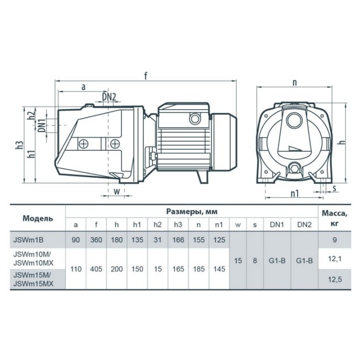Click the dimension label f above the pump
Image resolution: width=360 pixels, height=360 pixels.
146,75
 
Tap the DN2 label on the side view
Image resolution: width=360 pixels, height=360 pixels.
109,97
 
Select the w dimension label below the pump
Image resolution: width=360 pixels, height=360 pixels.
117,191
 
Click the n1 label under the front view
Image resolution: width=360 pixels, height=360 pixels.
295,193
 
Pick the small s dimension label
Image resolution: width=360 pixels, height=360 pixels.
335,188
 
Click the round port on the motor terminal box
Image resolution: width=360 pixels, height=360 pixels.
195,119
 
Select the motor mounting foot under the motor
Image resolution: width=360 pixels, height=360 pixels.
202,177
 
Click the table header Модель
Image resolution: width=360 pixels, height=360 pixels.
38,218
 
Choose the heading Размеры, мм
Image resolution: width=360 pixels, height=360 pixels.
192,211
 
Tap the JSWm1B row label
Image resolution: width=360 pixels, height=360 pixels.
28,240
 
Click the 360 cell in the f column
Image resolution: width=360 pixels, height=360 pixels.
96,240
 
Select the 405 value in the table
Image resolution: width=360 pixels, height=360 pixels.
96,269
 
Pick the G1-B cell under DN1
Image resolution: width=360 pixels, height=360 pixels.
277,260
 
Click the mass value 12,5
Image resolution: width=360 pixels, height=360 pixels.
335,280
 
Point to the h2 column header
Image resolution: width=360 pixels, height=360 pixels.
157,224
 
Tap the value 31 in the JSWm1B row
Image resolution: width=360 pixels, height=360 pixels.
157,240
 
